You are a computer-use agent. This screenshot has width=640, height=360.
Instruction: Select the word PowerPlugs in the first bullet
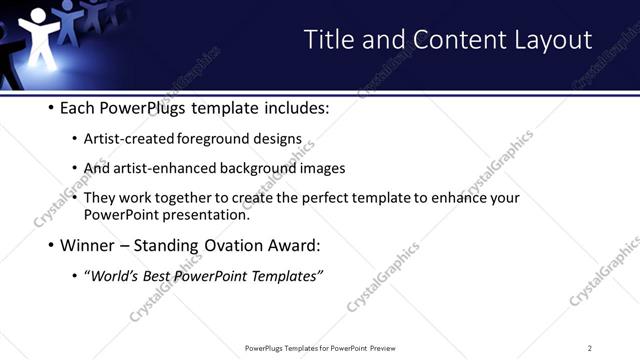[x=142, y=108]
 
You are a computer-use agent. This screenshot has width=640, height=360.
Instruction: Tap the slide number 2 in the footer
[x=590, y=348]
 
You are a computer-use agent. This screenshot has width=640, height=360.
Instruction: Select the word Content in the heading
[x=441, y=39]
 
